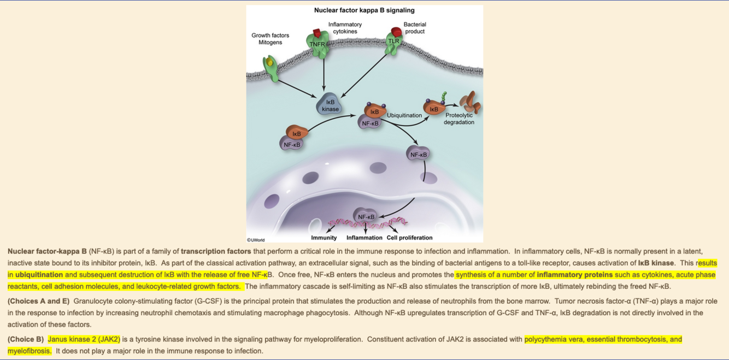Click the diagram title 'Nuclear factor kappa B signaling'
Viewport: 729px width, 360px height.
click(x=364, y=10)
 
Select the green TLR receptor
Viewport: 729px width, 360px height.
click(x=394, y=43)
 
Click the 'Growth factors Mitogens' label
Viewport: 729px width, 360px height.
click(x=270, y=39)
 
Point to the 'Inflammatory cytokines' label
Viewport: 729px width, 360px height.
click(x=345, y=28)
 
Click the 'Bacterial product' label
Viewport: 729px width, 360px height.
click(x=415, y=28)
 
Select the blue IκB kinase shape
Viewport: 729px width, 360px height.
click(x=330, y=105)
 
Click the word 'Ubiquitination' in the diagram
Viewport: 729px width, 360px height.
click(x=404, y=115)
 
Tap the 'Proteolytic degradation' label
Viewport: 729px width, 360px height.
click(x=459, y=119)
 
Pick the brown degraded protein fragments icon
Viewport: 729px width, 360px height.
click(x=469, y=103)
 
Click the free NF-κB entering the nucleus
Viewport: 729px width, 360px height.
click(x=419, y=154)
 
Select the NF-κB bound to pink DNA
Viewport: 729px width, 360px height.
click(x=366, y=217)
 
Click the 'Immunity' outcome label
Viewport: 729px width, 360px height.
click(x=324, y=238)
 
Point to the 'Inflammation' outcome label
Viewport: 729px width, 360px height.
click(x=365, y=238)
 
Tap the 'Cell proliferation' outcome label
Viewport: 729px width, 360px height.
click(x=409, y=238)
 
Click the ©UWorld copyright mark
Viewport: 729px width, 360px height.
click(x=256, y=239)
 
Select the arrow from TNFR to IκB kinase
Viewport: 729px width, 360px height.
click(x=324, y=74)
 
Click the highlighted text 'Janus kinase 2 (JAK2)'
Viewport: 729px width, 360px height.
click(x=84, y=339)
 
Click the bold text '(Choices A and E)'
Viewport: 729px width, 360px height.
click(x=38, y=301)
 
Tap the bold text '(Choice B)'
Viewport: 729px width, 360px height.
click(x=26, y=339)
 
